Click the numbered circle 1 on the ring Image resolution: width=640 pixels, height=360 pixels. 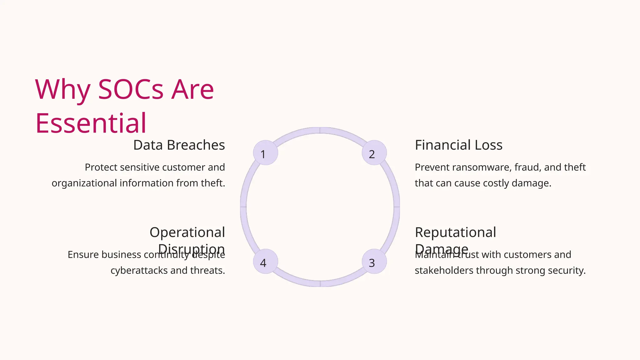(265, 153)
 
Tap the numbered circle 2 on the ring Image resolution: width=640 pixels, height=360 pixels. (374, 153)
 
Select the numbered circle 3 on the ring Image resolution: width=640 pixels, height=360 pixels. (374, 262)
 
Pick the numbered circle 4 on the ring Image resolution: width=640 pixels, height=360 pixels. (265, 262)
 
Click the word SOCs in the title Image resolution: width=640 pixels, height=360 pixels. (131, 90)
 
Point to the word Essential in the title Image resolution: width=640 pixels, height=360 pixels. (91, 123)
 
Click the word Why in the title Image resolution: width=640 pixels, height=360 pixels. (62, 90)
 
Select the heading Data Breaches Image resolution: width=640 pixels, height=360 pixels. (179, 145)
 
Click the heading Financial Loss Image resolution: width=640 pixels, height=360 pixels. (458, 145)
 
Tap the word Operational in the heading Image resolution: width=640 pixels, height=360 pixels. (187, 232)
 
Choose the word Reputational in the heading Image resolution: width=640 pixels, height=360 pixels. (455, 232)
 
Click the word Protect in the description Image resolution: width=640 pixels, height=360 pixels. (101, 167)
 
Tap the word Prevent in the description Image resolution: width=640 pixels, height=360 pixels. (432, 167)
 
